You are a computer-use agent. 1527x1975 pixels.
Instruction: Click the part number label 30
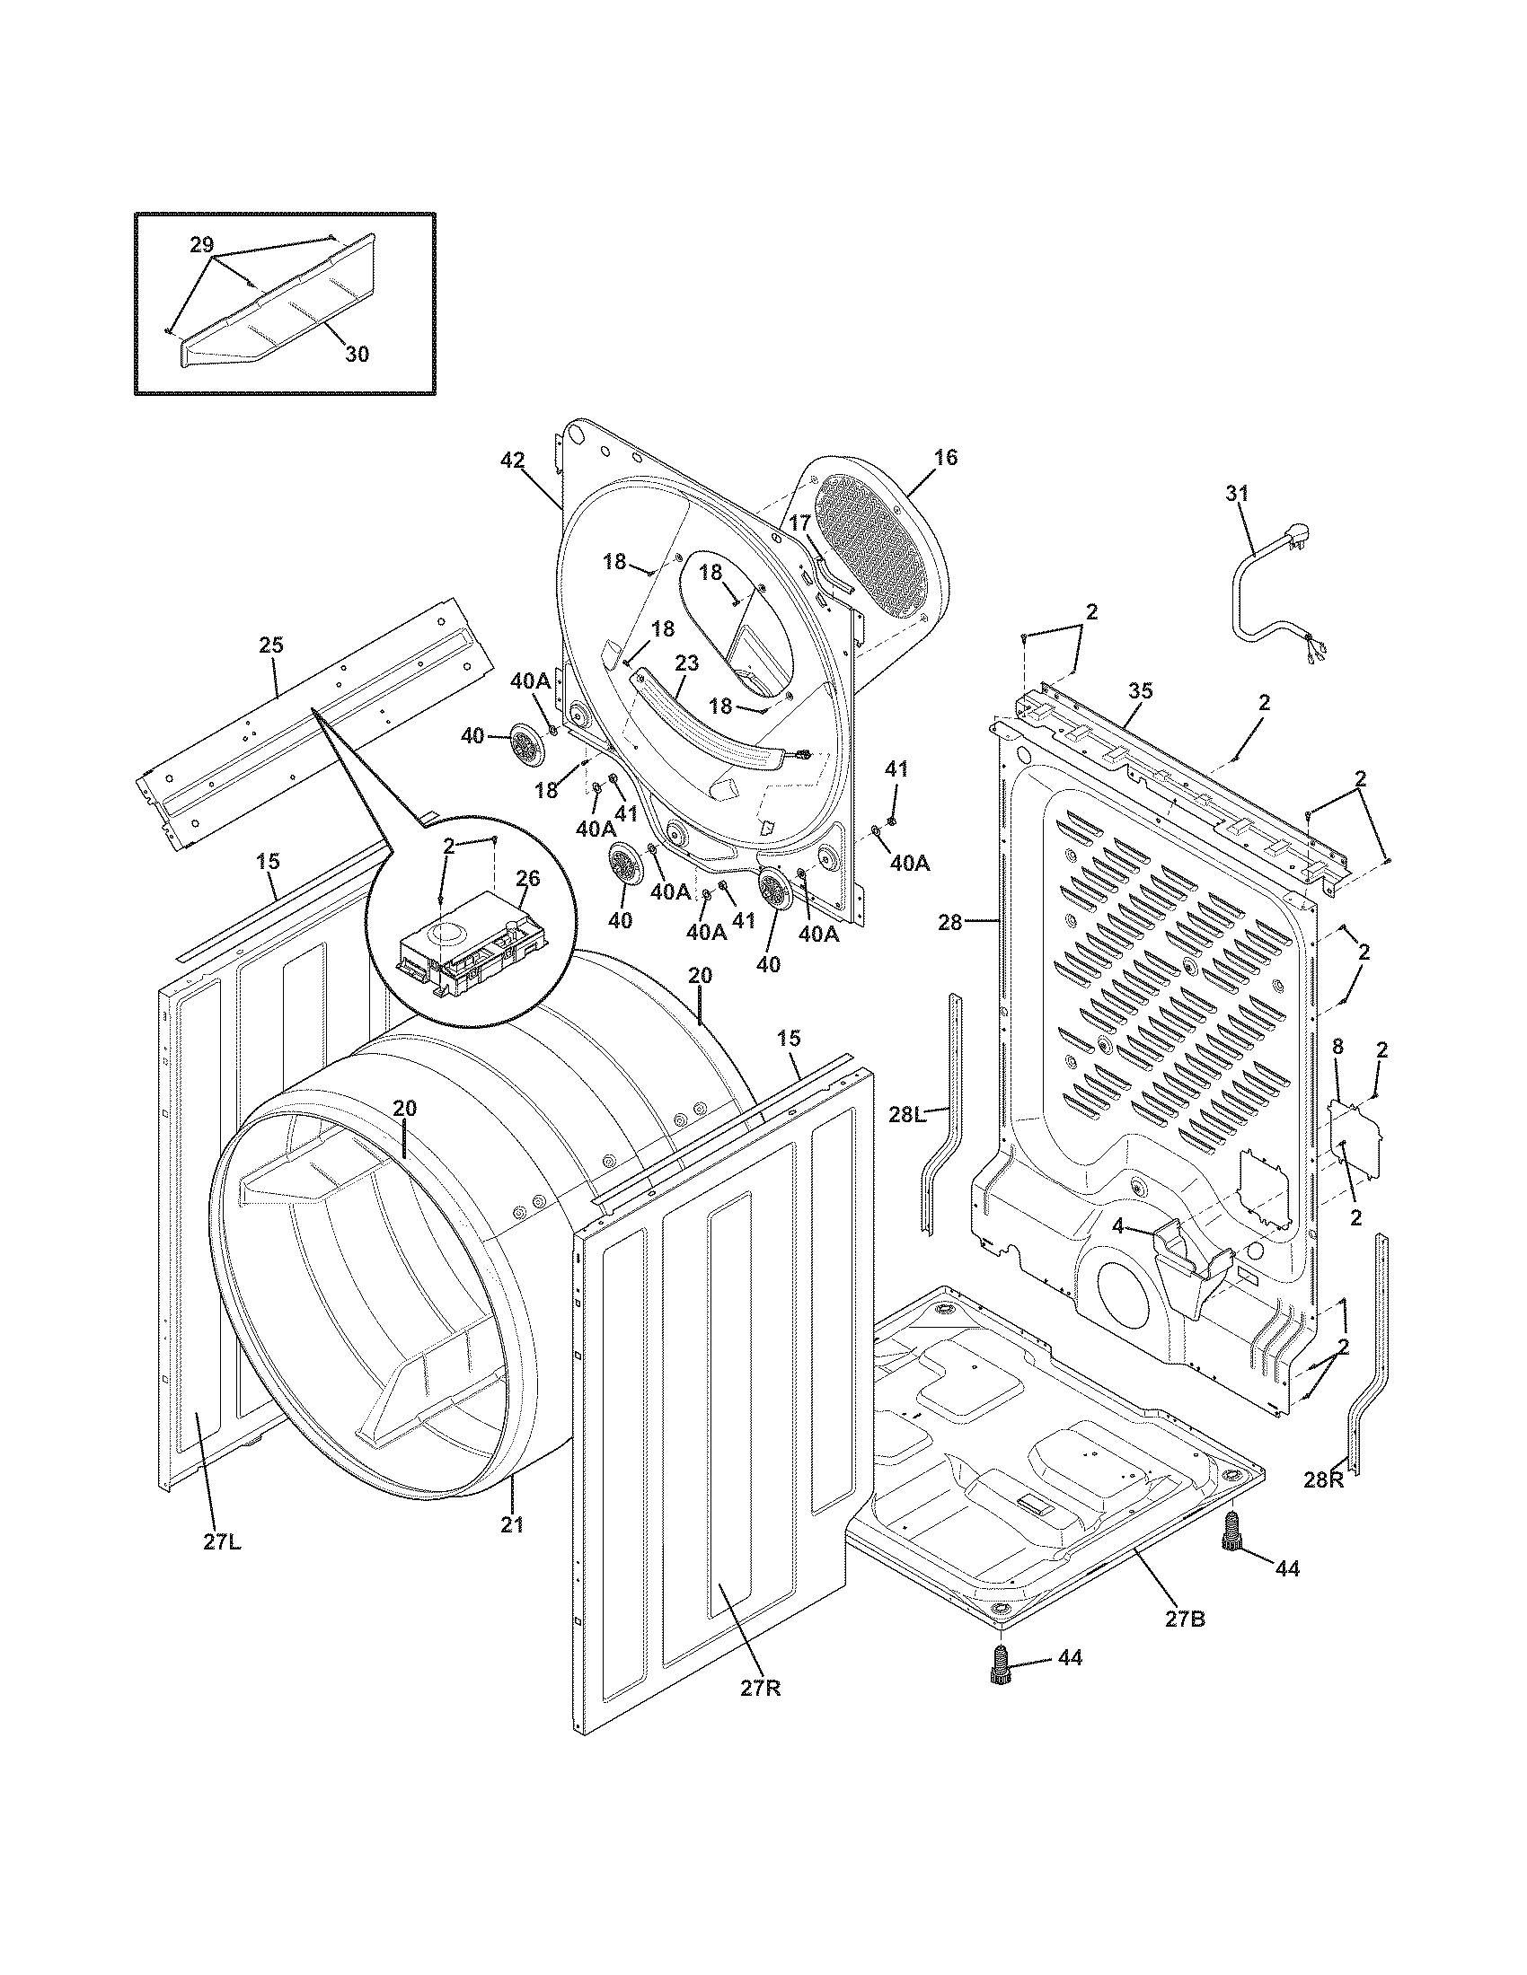[357, 355]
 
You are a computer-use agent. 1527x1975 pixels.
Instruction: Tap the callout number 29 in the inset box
[202, 244]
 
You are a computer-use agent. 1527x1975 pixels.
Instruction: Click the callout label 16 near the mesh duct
[945, 458]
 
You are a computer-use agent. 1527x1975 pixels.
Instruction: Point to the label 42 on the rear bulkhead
[512, 461]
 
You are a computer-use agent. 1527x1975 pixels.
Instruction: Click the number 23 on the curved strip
[686, 663]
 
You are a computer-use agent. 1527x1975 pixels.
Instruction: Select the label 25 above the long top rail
[271, 645]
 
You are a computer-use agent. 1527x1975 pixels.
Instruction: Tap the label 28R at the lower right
[1324, 1480]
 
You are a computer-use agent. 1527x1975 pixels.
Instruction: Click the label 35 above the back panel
[1141, 691]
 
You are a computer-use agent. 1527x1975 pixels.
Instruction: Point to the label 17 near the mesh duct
[799, 522]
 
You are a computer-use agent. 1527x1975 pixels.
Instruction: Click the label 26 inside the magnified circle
[527, 877]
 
